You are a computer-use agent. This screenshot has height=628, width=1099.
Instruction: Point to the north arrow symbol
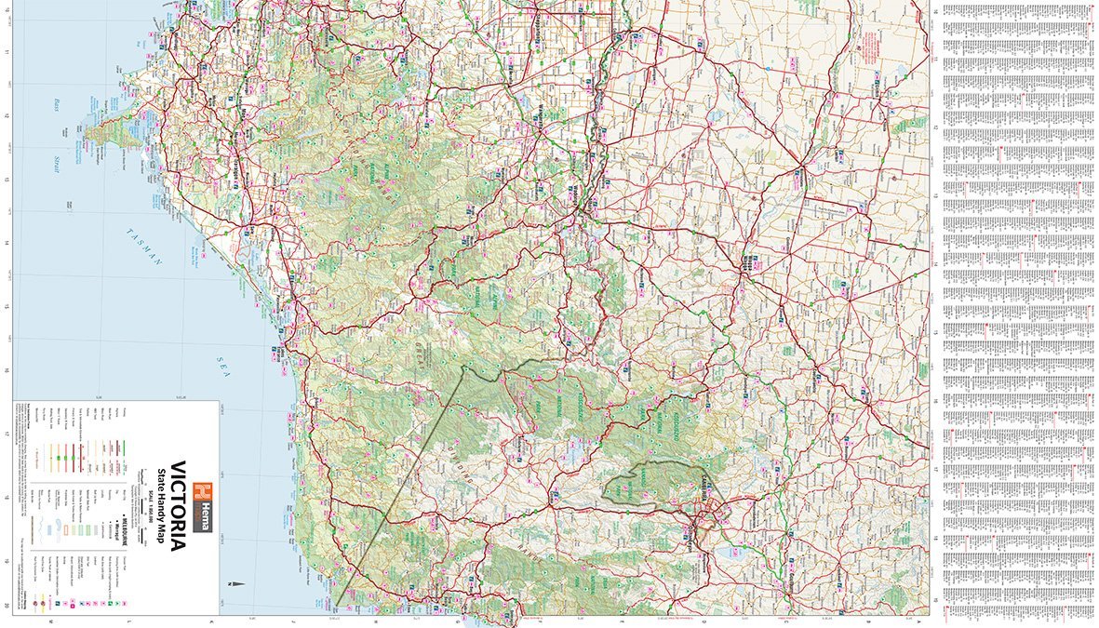238,584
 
